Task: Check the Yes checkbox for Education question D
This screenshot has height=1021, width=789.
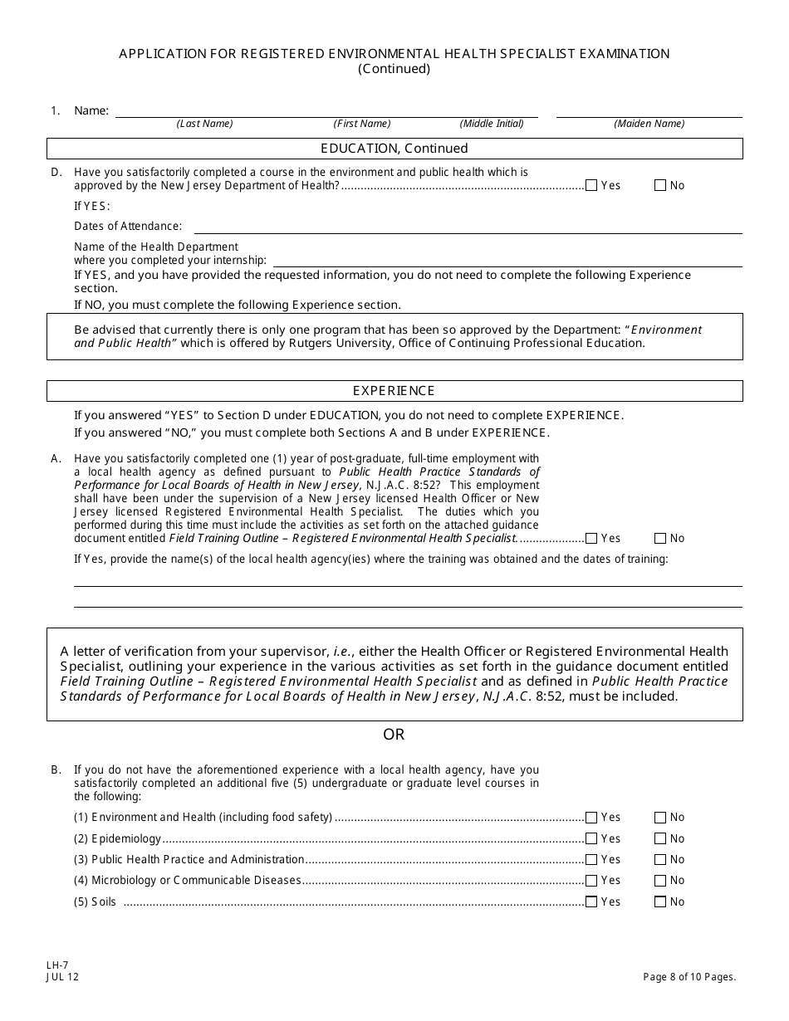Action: pyautogui.click(x=591, y=186)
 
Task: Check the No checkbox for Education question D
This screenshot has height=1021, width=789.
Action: pyautogui.click(x=660, y=186)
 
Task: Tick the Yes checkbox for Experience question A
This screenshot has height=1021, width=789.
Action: pyautogui.click(x=591, y=539)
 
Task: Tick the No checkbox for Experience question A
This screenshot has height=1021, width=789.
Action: pyautogui.click(x=660, y=539)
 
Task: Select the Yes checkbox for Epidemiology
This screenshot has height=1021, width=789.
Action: pyautogui.click(x=591, y=839)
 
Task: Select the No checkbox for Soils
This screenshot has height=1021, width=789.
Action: pyautogui.click(x=660, y=902)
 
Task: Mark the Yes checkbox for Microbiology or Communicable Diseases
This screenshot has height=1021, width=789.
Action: pyautogui.click(x=591, y=881)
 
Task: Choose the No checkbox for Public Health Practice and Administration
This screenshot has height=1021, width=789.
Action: pyautogui.click(x=660, y=860)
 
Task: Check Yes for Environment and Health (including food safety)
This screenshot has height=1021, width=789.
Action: pyautogui.click(x=591, y=818)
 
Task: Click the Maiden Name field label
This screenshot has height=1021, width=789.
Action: pyautogui.click(x=649, y=124)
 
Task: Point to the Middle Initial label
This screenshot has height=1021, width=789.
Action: pyautogui.click(x=492, y=124)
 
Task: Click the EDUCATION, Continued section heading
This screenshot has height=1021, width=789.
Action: pyautogui.click(x=394, y=149)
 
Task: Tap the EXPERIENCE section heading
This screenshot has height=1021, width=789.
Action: pyautogui.click(x=394, y=391)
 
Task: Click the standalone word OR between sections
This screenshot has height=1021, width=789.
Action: pyautogui.click(x=394, y=735)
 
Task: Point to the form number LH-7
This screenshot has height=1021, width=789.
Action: pyautogui.click(x=58, y=965)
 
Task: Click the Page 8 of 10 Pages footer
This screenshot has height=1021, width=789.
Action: pyautogui.click(x=689, y=977)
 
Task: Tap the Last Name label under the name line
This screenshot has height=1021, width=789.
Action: pyautogui.click(x=204, y=124)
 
